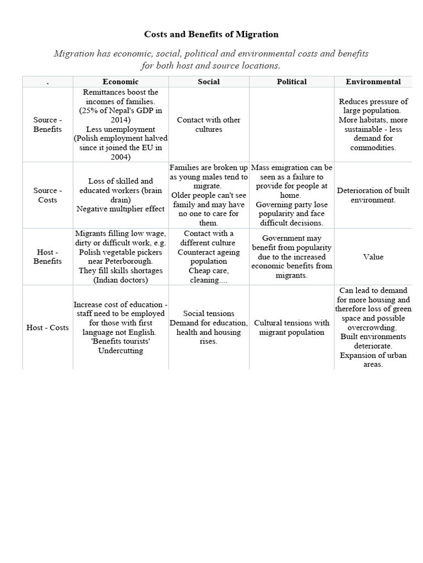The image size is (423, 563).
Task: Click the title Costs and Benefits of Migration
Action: click(211, 34)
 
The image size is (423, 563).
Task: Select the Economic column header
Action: click(120, 81)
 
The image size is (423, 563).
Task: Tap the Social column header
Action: click(208, 81)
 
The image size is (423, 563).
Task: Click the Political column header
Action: click(291, 81)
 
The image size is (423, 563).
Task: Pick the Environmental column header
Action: click(373, 81)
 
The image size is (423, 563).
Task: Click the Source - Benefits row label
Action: click(47, 124)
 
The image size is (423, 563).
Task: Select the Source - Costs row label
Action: click(47, 195)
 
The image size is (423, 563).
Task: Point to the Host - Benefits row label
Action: click(47, 257)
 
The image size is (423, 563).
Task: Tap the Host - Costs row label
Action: click(47, 327)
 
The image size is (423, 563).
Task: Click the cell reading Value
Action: click(373, 257)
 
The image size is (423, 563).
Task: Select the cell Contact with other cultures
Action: click(208, 124)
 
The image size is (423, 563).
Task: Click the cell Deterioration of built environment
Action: click(373, 195)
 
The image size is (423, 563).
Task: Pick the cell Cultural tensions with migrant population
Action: click(291, 327)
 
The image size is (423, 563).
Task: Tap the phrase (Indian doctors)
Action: click(121, 280)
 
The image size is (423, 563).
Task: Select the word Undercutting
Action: click(121, 350)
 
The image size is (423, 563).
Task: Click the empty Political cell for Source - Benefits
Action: click(291, 124)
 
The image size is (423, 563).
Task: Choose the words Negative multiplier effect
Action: click(121, 209)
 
